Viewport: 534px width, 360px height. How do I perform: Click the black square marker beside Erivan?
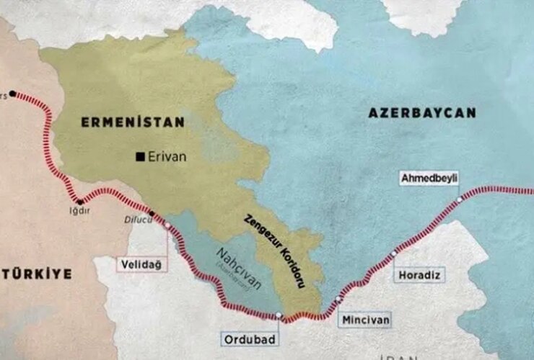(140, 156)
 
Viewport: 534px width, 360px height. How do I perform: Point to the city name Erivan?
(167, 156)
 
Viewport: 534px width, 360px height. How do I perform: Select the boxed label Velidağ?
(141, 265)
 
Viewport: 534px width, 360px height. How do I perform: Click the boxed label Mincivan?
(366, 318)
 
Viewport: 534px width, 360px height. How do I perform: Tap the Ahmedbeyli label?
(430, 178)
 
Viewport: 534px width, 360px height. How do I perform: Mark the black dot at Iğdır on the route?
(79, 202)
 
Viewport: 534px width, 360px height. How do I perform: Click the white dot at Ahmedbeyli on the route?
(459, 199)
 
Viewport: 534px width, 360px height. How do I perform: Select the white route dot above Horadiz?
(394, 253)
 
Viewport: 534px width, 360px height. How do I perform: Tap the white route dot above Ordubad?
(279, 315)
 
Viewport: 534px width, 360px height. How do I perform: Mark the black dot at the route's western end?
(12, 94)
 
